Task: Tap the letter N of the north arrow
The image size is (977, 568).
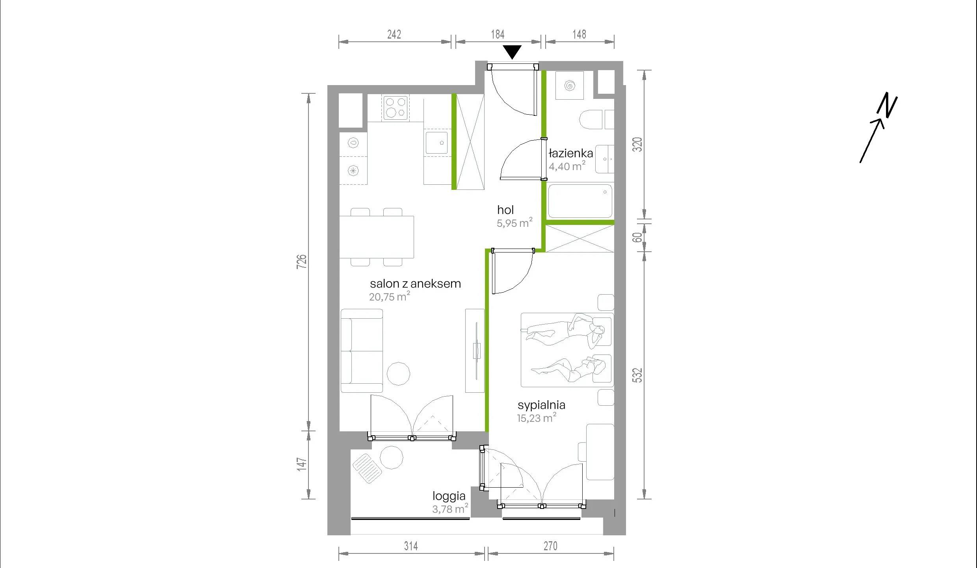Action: click(x=887, y=105)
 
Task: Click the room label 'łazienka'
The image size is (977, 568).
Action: click(x=571, y=153)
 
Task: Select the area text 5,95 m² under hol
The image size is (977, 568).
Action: click(x=515, y=223)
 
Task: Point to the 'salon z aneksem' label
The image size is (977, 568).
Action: click(x=415, y=284)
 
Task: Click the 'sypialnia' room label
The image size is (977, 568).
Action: click(x=541, y=405)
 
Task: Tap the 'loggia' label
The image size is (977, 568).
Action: click(x=449, y=496)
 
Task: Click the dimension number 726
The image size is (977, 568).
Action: click(x=301, y=262)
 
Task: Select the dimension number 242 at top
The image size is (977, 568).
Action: click(x=394, y=35)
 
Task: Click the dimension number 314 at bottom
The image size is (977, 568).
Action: click(x=411, y=546)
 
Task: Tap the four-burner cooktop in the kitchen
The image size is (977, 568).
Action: click(x=396, y=108)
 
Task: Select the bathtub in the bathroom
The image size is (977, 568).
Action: click(x=580, y=201)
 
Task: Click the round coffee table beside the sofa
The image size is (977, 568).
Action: click(x=398, y=373)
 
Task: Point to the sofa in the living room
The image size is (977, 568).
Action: click(x=362, y=351)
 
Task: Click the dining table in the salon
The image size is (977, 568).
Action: click(x=377, y=237)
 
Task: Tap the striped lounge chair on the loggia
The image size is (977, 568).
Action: click(x=367, y=468)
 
